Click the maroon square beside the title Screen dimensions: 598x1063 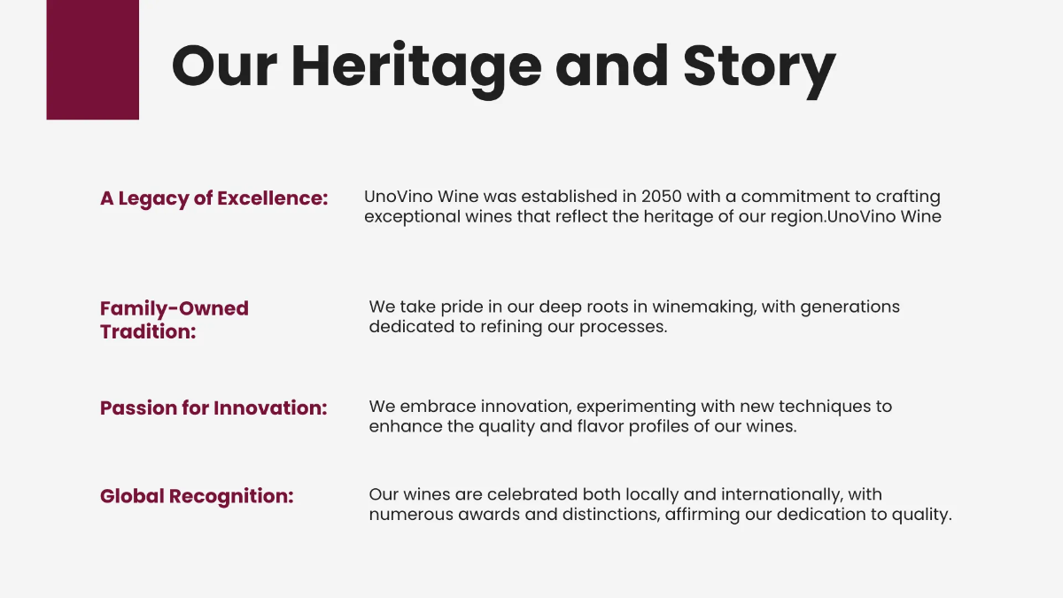pos(92,59)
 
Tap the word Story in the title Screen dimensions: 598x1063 pos(759,66)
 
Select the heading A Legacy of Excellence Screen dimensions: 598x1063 pos(213,198)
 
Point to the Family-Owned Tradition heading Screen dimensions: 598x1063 pos(174,320)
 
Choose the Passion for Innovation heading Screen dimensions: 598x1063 pos(213,408)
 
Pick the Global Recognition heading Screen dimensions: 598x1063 pos(196,496)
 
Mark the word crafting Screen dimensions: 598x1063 pos(908,197)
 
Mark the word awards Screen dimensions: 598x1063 pos(491,514)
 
